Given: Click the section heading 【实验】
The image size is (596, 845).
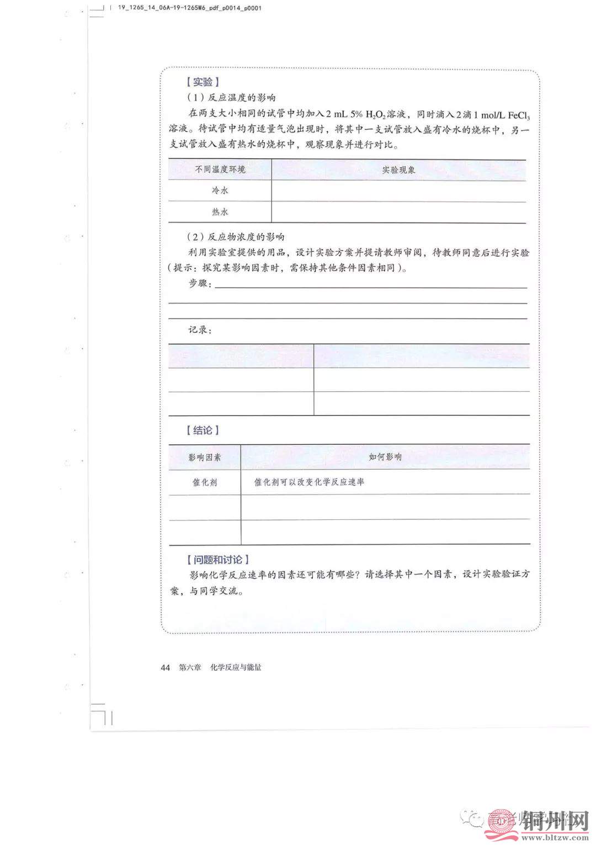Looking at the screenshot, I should click(203, 82).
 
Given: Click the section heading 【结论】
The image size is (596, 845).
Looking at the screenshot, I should click(203, 431).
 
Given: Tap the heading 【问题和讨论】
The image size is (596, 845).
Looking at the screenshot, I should click(218, 560).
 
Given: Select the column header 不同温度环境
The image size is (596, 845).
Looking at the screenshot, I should click(220, 169).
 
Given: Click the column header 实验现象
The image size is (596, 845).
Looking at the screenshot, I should click(398, 170).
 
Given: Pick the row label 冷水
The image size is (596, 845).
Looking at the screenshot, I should click(220, 190).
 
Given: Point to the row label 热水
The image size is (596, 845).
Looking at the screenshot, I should click(220, 212).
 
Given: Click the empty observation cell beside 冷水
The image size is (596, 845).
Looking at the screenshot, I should click(398, 191).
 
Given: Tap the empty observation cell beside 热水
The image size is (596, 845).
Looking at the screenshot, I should click(398, 212).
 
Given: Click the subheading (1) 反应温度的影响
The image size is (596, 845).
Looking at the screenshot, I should click(231, 98).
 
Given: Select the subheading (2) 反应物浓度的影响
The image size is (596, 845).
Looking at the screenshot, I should click(236, 237).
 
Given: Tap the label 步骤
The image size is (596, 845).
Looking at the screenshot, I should click(200, 283).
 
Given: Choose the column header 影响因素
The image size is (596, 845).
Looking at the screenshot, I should click(205, 457).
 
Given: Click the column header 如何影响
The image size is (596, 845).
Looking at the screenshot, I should click(385, 457).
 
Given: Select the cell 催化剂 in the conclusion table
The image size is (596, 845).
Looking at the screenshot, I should click(205, 482).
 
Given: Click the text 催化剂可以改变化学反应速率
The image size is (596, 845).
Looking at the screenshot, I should click(309, 482).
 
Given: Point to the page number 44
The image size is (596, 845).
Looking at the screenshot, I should click(165, 667).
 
